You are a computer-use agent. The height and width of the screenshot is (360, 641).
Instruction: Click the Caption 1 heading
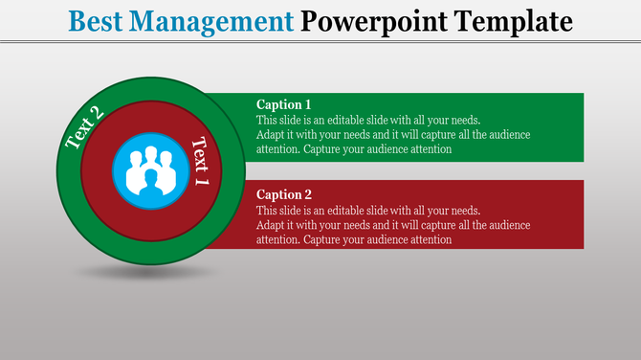click(284, 104)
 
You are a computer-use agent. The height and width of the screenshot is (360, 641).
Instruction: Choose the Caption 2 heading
click(284, 194)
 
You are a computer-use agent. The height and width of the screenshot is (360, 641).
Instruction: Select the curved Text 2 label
click(84, 127)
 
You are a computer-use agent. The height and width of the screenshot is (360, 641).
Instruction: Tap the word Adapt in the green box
click(272, 135)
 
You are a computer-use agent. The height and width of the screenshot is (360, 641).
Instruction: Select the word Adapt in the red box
click(272, 225)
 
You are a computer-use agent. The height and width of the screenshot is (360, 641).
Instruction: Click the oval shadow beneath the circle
click(144, 273)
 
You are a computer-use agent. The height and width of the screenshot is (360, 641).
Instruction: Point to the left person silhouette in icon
click(131, 162)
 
